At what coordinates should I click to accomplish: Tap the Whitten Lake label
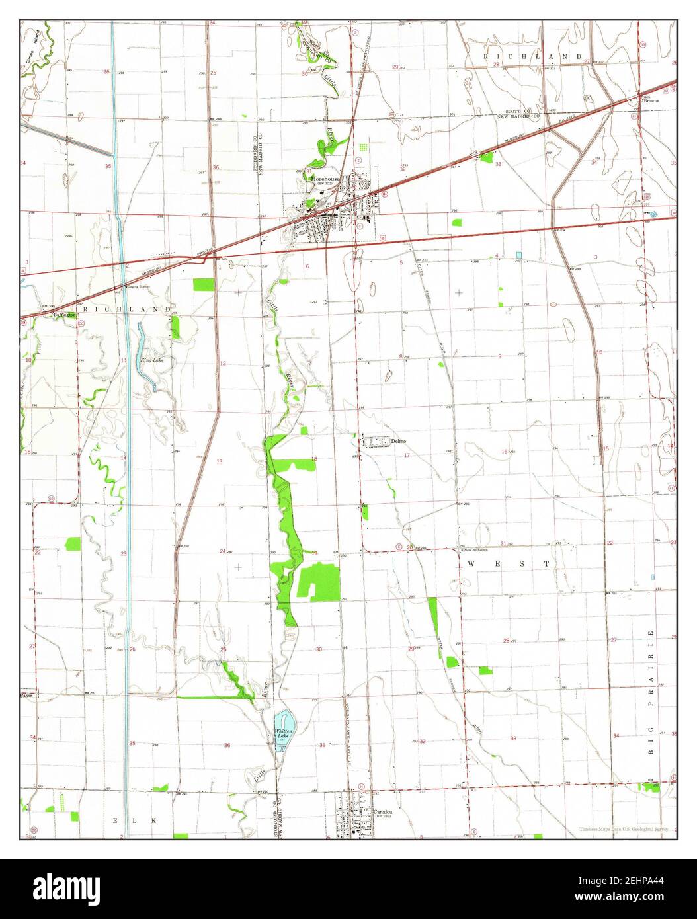pos(283,733)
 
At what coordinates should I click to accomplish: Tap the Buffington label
pos(65,316)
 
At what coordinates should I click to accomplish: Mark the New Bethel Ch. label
pos(475,550)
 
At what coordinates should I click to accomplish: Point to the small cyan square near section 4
pos(518,255)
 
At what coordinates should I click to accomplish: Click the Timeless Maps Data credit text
pos(624,829)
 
